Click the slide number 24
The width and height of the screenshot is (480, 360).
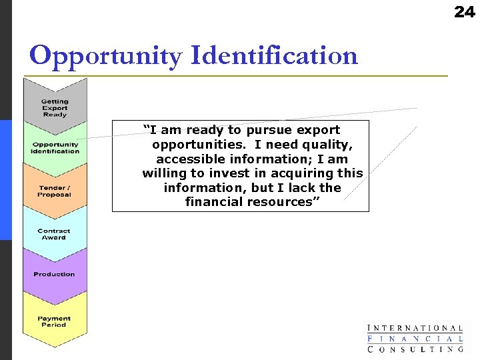point(464,12)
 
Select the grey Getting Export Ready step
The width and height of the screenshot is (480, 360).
point(55,107)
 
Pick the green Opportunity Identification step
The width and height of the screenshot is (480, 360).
point(55,148)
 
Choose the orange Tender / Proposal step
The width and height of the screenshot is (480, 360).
point(55,191)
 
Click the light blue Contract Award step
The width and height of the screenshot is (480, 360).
point(55,234)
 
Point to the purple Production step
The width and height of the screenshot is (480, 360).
point(55,274)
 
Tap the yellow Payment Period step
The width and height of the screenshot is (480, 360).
point(55,321)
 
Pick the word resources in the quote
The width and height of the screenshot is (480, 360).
point(285,202)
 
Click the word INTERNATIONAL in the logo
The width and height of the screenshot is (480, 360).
point(415,328)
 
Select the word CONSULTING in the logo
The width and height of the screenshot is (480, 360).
point(415,349)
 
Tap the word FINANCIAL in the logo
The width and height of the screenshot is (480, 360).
point(415,339)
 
